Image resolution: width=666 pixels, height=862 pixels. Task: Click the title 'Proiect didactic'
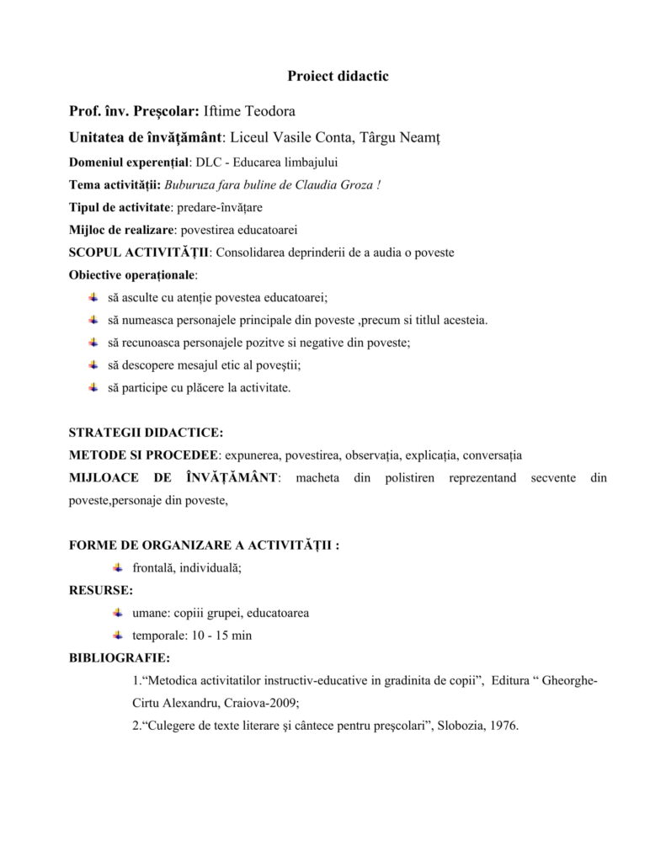pyautogui.click(x=337, y=77)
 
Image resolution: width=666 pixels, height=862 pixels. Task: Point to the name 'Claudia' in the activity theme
pyautogui.click(x=319, y=184)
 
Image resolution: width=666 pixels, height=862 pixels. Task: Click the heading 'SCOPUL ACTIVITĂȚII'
pyautogui.click(x=138, y=252)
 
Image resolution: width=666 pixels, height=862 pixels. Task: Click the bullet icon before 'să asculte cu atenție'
pyautogui.click(x=93, y=297)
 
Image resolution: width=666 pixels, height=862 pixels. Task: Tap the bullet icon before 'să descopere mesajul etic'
pyautogui.click(x=93, y=364)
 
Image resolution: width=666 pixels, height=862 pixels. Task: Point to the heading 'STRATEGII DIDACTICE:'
pyautogui.click(x=146, y=434)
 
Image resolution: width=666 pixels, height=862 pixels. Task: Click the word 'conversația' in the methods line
pyautogui.click(x=492, y=455)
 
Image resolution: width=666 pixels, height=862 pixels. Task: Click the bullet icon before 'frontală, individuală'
pyautogui.click(x=119, y=567)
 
